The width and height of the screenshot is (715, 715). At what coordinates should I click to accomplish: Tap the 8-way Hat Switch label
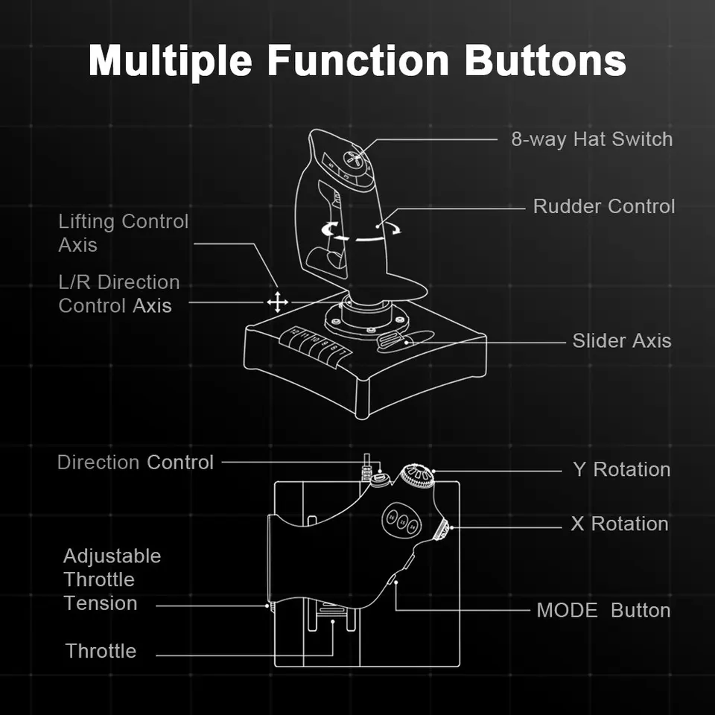[591, 139]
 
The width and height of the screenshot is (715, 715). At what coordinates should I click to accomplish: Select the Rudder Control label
[603, 206]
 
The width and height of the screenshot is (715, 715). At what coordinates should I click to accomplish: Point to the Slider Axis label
[621, 341]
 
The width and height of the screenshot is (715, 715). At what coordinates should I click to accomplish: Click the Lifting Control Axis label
[123, 232]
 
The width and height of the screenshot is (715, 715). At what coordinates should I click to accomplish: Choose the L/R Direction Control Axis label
[118, 293]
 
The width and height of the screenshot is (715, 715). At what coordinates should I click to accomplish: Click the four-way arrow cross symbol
[277, 302]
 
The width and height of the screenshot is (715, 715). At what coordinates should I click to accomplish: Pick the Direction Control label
[135, 463]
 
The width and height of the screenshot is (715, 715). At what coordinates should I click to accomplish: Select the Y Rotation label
[621, 470]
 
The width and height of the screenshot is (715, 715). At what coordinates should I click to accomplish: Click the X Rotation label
[619, 524]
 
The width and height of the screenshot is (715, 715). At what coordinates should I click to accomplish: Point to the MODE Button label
[603, 611]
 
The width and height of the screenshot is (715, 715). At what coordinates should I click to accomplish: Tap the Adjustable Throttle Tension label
[112, 579]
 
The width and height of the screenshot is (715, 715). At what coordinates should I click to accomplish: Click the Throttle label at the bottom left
[101, 651]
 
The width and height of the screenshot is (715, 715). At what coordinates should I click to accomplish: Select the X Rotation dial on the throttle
[442, 530]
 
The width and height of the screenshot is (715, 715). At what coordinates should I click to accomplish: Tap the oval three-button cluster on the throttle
[401, 520]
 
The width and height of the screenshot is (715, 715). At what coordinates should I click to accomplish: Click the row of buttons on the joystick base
[315, 347]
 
